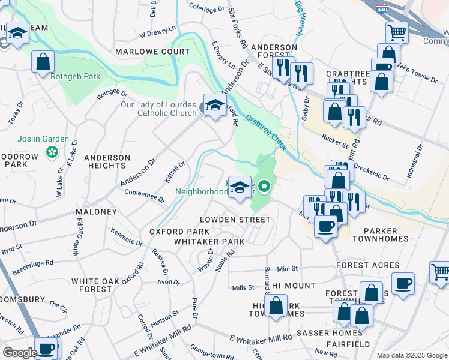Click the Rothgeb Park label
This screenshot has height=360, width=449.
click(x=75, y=77)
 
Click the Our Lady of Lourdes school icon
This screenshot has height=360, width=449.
click(x=214, y=106)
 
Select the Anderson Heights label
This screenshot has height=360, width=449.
click(x=107, y=162)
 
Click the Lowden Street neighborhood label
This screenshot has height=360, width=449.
click(x=235, y=220)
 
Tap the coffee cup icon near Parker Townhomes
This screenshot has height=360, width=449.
click(x=325, y=227)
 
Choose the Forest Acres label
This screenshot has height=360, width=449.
click(x=367, y=265)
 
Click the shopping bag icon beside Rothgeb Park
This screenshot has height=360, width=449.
click(x=43, y=62)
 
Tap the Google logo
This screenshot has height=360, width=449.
click(x=20, y=353)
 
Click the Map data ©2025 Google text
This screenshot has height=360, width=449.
click(x=411, y=355)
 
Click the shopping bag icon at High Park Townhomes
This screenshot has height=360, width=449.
click(x=277, y=306)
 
